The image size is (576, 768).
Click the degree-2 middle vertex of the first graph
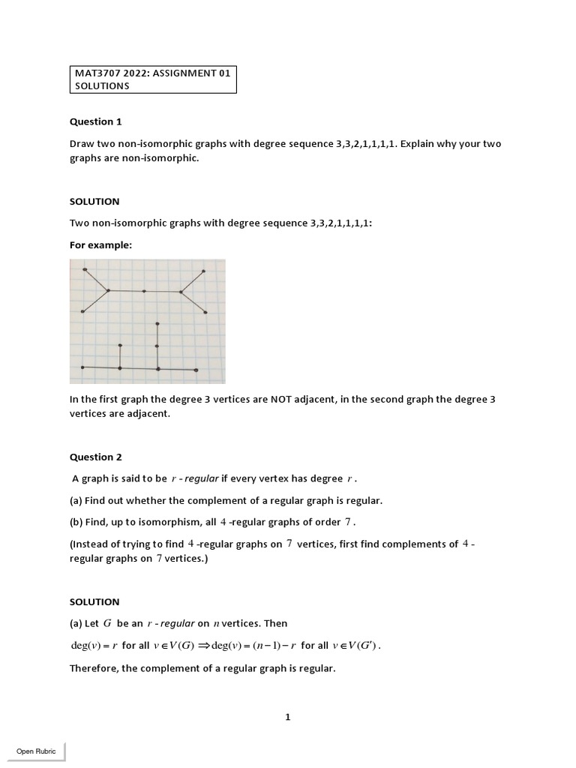coord(145,291)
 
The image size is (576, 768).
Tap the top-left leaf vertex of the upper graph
coord(85,269)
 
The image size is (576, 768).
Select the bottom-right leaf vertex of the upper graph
coord(205,312)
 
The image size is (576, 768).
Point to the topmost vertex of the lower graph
coord(157,324)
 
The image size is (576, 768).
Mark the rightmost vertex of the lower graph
coord(196,370)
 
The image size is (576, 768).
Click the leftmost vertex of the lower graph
coord(82,367)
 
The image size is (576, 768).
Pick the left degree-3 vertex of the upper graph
coord(109,290)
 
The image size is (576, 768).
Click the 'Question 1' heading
coord(95,121)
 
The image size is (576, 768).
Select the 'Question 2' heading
coord(95,457)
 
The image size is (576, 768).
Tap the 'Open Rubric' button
coord(36,751)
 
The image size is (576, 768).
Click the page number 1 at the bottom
coord(287,717)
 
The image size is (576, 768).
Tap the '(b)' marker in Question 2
coord(77,522)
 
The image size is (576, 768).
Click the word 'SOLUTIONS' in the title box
coord(102,85)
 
